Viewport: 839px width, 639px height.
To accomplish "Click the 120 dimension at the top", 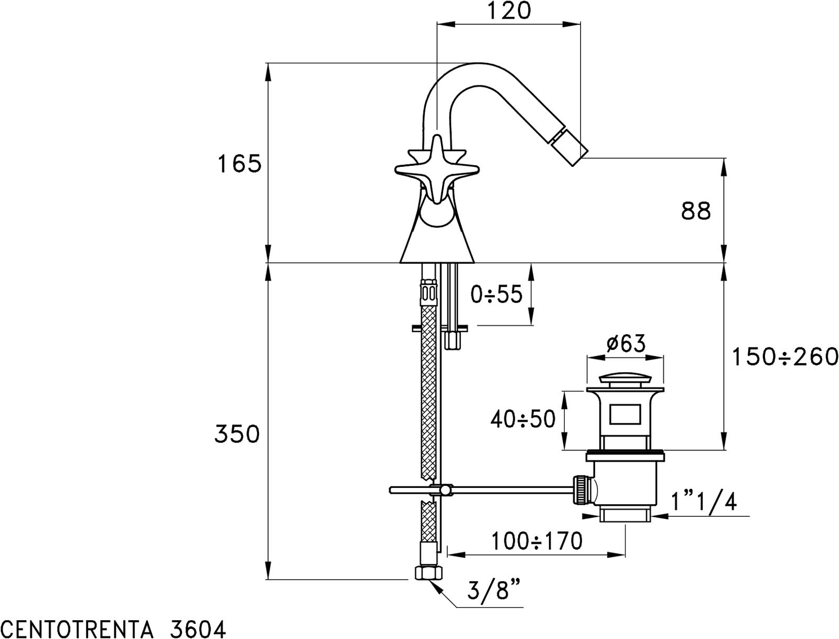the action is coord(509,10).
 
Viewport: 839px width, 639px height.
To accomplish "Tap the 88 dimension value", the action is coord(696,210).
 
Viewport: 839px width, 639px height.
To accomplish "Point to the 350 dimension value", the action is coord(237,434).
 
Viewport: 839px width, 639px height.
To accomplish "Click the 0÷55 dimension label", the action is coord(496,294).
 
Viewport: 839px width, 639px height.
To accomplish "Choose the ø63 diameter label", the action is coord(626,343).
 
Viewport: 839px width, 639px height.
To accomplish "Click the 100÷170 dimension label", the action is coord(536,541).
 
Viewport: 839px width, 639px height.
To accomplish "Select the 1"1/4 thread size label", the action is coord(704,502).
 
